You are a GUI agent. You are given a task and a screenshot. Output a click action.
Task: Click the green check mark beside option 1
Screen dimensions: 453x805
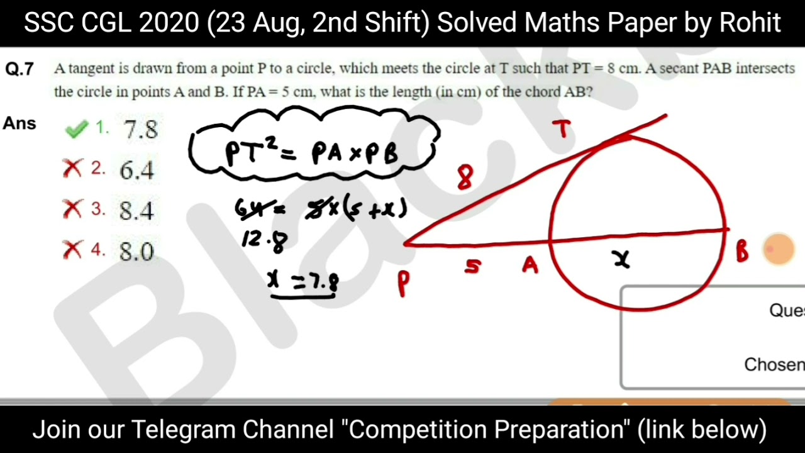click(x=77, y=130)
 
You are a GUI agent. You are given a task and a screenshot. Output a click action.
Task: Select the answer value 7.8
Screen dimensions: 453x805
click(x=140, y=130)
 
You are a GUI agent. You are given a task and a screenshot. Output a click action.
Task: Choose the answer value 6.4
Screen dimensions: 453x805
click(x=136, y=170)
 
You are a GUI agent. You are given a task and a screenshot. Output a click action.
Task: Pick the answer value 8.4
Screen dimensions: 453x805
click(x=136, y=211)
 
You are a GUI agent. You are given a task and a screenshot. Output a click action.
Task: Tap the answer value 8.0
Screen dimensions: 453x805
click(x=136, y=251)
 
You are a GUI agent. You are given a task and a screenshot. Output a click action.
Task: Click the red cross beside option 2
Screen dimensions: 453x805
click(x=72, y=169)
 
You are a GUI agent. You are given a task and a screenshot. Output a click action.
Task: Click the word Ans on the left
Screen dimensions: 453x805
click(x=19, y=123)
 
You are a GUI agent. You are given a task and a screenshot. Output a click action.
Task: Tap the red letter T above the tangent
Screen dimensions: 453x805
click(x=562, y=129)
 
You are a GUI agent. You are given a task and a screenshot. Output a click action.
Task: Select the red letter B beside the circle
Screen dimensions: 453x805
click(x=742, y=252)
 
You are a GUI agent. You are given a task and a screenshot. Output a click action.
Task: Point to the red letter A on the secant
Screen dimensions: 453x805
click(x=530, y=266)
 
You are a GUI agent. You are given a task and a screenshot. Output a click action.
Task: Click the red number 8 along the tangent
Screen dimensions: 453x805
click(x=465, y=178)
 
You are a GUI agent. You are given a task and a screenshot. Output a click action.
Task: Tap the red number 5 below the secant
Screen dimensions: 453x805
click(x=472, y=267)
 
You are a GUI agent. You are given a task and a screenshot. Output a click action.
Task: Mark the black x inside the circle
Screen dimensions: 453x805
click(x=621, y=259)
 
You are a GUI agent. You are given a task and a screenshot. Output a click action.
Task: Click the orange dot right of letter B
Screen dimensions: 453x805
click(x=779, y=250)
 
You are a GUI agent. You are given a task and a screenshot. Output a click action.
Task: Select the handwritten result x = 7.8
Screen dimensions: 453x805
click(x=303, y=282)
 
